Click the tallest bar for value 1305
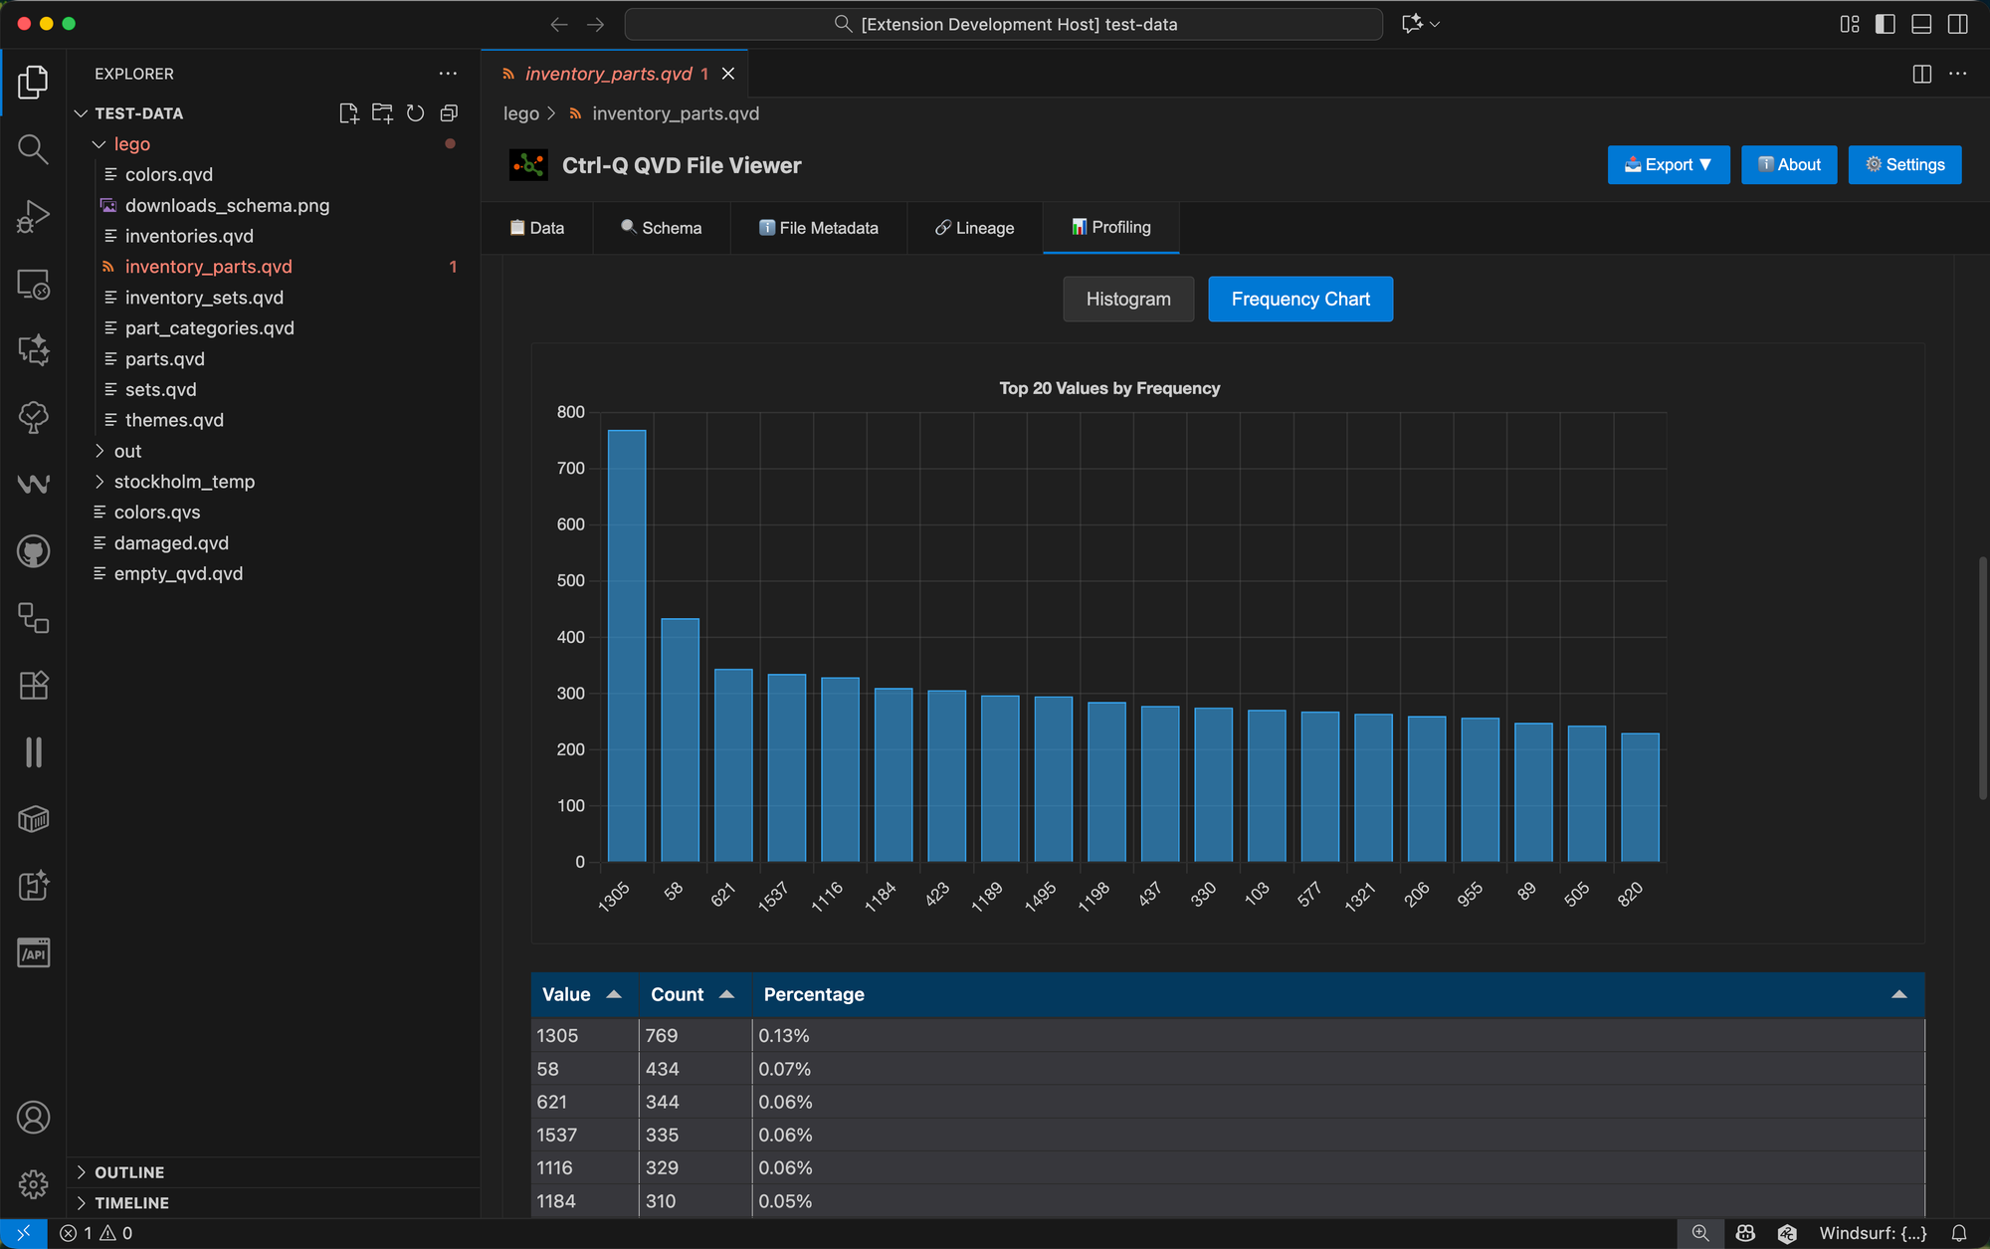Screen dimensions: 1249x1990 627,647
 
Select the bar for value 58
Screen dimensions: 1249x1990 680,740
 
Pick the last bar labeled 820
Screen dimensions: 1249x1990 1640,797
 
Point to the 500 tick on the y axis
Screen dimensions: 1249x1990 571,580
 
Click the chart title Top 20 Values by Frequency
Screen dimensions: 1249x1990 1109,388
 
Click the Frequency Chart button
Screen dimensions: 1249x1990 1300,299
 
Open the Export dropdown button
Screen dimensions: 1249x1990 1669,165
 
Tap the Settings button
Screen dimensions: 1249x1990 1904,165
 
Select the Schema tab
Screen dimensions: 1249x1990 662,228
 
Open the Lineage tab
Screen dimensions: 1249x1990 975,228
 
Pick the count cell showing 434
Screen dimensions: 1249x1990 663,1069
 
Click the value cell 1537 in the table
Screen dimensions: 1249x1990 557,1135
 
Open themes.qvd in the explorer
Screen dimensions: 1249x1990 174,420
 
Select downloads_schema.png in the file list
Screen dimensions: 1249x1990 227,205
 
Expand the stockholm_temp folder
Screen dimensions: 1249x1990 184,482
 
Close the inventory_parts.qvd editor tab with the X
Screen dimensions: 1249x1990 728,74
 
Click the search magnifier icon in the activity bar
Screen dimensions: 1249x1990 33,149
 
